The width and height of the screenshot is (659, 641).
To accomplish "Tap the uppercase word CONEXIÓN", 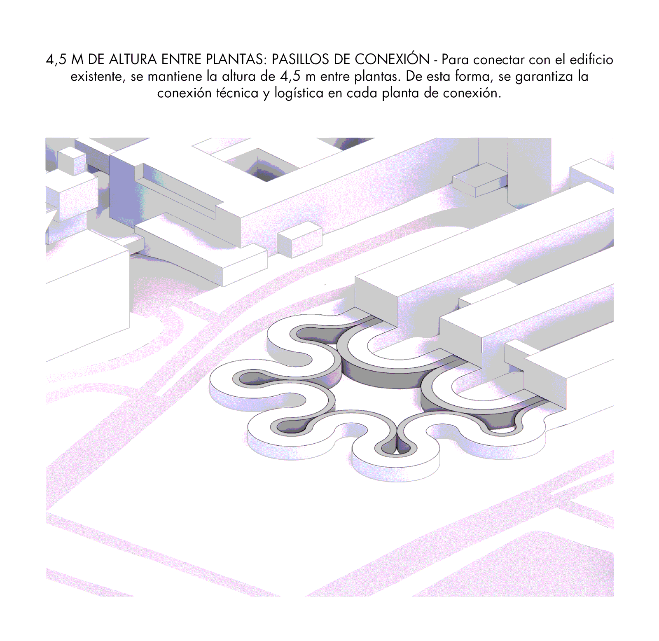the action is coord(392,59).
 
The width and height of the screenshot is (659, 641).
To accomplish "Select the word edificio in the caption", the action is coord(591,60).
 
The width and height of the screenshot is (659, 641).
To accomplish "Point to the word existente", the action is coord(98,77).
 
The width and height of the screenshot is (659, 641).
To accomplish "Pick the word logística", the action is coord(299,94).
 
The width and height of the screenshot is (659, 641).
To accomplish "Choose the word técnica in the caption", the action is coord(237,93).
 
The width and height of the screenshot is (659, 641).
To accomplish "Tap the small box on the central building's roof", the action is coord(299,239).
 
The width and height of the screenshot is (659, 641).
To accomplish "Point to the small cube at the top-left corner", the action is coord(71,161).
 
